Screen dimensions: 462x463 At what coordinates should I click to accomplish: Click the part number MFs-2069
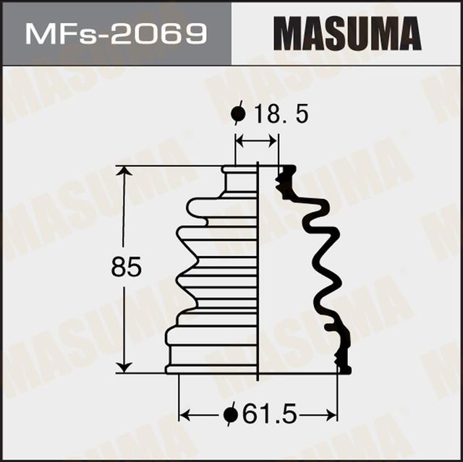(x=116, y=33)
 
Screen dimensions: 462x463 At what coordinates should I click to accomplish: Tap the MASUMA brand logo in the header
(x=347, y=33)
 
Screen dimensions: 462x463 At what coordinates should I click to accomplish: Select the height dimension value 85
(x=126, y=268)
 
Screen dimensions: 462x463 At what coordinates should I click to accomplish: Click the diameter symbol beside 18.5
(x=237, y=114)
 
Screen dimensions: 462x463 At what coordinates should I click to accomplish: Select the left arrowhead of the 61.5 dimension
(x=184, y=415)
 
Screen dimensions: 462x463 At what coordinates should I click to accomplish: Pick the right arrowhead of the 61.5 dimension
(x=332, y=415)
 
